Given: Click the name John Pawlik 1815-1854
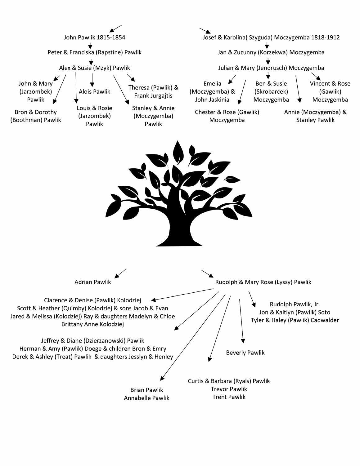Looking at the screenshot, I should pyautogui.click(x=94, y=38).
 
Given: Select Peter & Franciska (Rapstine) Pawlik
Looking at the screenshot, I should pyautogui.click(x=94, y=52).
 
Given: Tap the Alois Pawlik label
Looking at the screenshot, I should pyautogui.click(x=94, y=91).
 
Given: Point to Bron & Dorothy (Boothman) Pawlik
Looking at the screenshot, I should pyautogui.click(x=36, y=116).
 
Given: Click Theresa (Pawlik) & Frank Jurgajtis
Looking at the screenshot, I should pyautogui.click(x=153, y=91).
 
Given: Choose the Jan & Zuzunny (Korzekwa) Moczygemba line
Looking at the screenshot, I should pyautogui.click(x=271, y=52).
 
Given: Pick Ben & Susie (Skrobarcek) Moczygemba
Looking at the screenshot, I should pyautogui.click(x=271, y=91).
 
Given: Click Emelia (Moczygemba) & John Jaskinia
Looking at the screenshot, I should pyautogui.click(x=212, y=91).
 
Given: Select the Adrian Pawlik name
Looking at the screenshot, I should pyautogui.click(x=92, y=282).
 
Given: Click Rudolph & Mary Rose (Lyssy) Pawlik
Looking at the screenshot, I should pyautogui.click(x=263, y=282).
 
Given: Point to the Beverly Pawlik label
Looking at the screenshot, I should pyautogui.click(x=245, y=353).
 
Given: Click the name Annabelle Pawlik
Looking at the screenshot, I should pyautogui.click(x=146, y=398).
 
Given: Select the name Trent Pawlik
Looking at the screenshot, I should pyautogui.click(x=229, y=397).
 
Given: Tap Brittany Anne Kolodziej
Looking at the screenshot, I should pyautogui.click(x=92, y=325).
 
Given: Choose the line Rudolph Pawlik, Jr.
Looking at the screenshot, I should pyautogui.click(x=295, y=304).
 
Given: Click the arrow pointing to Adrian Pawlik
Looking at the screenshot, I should pyautogui.click(x=120, y=273).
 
